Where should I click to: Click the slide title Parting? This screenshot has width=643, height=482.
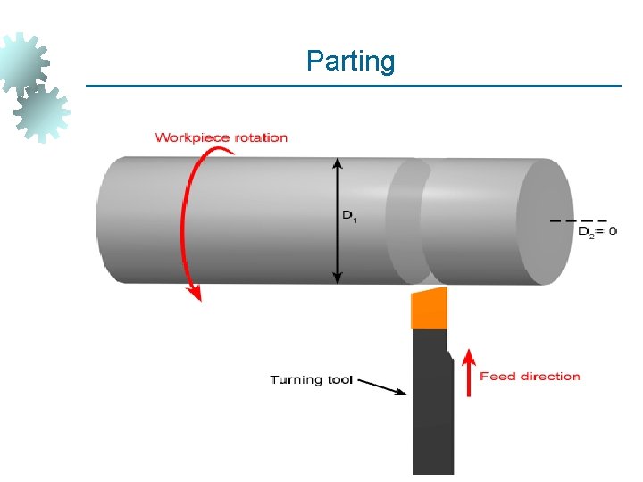click(x=350, y=62)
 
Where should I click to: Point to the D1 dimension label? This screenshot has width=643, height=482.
click(x=349, y=216)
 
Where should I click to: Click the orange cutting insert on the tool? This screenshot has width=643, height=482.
click(x=429, y=309)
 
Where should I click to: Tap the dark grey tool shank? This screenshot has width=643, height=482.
click(x=431, y=402)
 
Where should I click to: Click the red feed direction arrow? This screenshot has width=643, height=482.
click(x=466, y=375)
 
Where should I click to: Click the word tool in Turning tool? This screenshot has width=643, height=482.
click(x=339, y=380)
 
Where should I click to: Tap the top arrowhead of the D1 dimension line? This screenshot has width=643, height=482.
click(x=337, y=165)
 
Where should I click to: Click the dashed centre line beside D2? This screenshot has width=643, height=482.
click(x=579, y=220)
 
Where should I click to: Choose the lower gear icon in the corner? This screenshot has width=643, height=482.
click(x=42, y=112)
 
